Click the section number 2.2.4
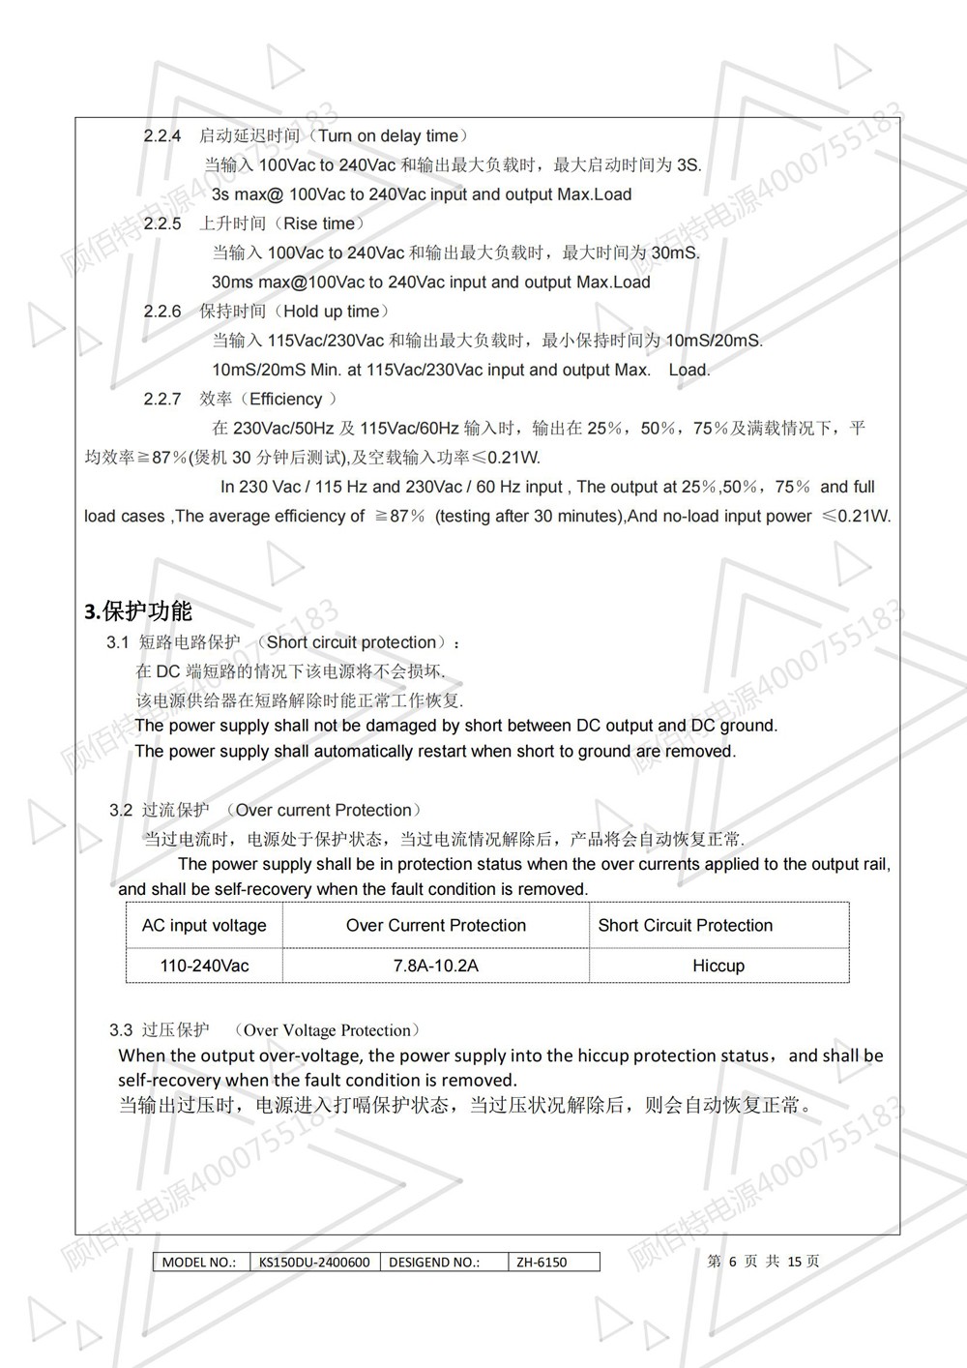tap(162, 135)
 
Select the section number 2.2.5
tap(162, 223)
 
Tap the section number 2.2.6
tap(162, 311)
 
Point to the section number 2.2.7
tap(162, 399)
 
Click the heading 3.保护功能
tap(138, 610)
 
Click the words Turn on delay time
tap(388, 135)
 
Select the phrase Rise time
tap(319, 223)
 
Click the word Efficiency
tap(285, 399)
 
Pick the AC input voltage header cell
tap(204, 925)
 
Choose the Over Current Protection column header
tap(436, 925)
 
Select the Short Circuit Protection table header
tap(686, 925)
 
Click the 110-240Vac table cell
tap(204, 966)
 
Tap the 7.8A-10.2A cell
tap(436, 966)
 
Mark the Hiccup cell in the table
tap(718, 966)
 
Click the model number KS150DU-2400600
tap(314, 1262)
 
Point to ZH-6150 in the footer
tap(542, 1262)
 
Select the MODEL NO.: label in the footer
tap(199, 1262)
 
